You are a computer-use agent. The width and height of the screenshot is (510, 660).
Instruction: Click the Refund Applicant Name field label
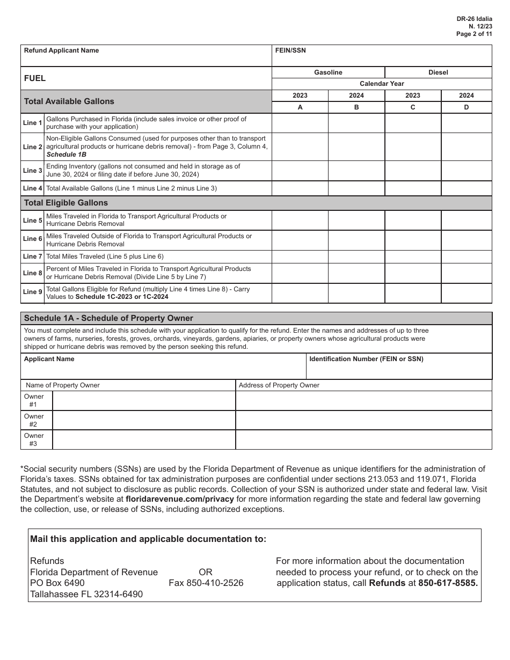[x=61, y=50]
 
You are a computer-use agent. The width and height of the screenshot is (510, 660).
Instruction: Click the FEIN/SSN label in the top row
[x=290, y=50]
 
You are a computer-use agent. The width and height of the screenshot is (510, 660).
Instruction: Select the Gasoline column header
[x=328, y=72]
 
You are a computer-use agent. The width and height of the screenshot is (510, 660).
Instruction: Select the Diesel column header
[x=438, y=72]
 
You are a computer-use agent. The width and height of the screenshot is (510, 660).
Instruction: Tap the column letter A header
[x=300, y=107]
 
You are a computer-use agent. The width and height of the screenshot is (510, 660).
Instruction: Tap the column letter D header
[x=466, y=107]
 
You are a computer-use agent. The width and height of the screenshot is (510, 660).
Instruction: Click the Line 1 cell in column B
[x=356, y=123]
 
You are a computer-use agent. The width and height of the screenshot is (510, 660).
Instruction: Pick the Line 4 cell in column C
[x=413, y=188]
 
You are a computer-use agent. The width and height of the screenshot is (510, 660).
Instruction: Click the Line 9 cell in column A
[x=300, y=293]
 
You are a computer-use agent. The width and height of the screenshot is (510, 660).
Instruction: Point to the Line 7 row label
[x=33, y=256]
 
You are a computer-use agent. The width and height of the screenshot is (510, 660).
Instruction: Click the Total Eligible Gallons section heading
[x=66, y=203]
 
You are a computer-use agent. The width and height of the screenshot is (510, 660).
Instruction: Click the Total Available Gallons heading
[x=69, y=101]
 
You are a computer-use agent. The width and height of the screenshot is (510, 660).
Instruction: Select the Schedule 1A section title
[x=108, y=318]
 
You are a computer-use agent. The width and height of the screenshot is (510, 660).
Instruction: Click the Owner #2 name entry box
[x=144, y=420]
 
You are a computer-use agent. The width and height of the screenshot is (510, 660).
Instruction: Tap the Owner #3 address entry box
[x=363, y=440]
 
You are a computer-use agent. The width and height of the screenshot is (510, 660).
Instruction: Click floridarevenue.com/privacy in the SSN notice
[x=180, y=499]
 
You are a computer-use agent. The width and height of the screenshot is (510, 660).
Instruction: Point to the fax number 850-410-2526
[x=206, y=583]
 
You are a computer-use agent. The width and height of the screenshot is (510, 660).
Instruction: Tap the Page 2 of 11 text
[x=474, y=34]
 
